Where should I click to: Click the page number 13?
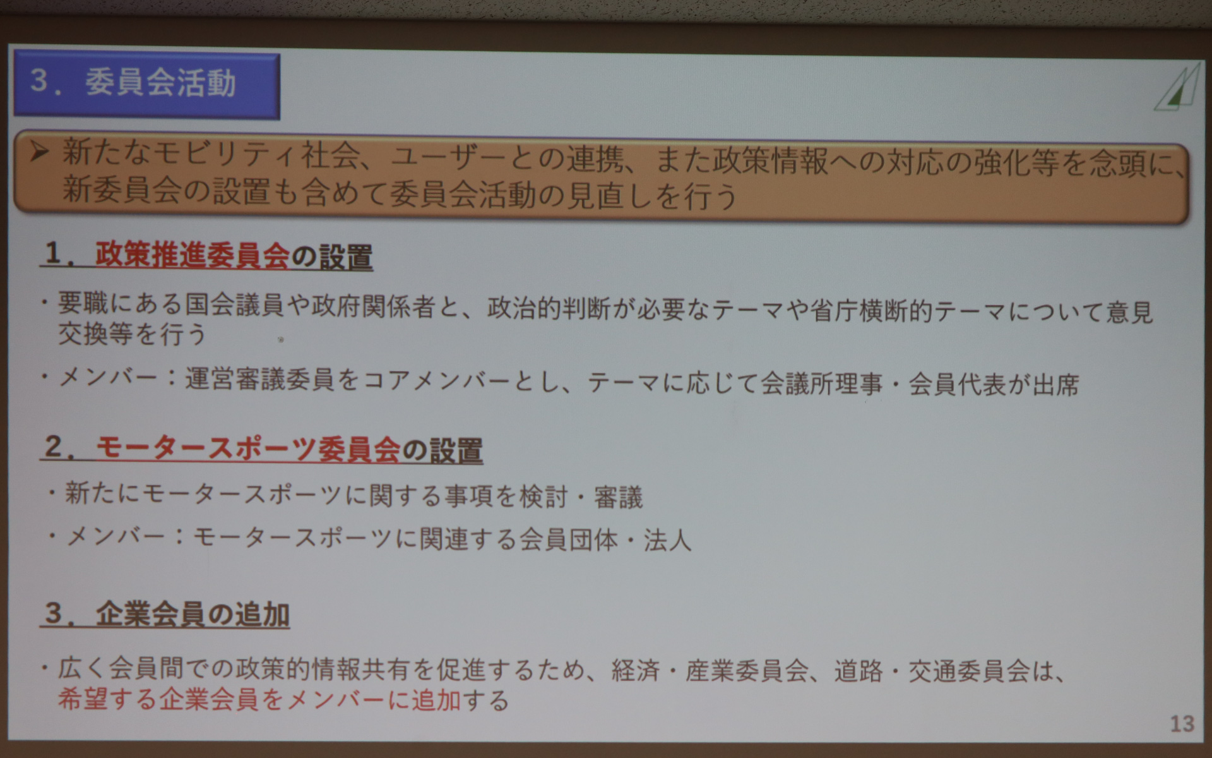click(x=1182, y=723)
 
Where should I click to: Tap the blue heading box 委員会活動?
click(x=146, y=85)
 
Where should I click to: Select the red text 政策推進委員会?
click(x=192, y=255)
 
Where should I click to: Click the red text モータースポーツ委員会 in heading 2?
click(x=247, y=449)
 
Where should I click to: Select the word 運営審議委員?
click(x=259, y=379)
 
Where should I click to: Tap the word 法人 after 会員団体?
click(x=667, y=540)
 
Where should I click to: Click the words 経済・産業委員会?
click(x=710, y=671)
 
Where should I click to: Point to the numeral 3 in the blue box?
click(x=39, y=81)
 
